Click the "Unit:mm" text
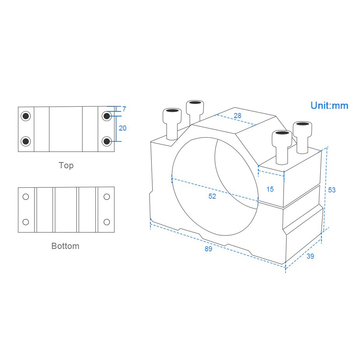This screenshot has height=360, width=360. [x=329, y=105]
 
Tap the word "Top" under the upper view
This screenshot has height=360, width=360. [x=66, y=165]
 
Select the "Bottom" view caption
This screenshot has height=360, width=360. [x=65, y=246]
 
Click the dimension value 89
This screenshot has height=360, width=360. [x=208, y=249]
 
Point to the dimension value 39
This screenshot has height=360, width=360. [x=310, y=256]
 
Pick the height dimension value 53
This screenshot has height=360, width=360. [x=332, y=190]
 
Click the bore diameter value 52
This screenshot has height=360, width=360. [x=212, y=196]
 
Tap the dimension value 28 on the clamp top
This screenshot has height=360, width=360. [x=237, y=115]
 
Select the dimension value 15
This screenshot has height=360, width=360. [x=270, y=189]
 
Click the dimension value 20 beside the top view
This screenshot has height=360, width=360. [x=123, y=128]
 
